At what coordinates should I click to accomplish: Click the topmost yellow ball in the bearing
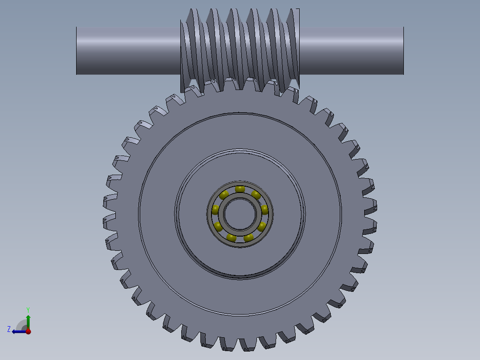pyautogui.click(x=240, y=189)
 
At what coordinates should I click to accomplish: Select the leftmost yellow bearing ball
pyautogui.click(x=216, y=210)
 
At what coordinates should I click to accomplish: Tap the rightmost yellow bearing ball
pyautogui.click(x=265, y=210)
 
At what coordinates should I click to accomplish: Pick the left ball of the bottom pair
pyautogui.click(x=232, y=237)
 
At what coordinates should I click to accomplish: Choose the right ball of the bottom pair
pyautogui.click(x=248, y=237)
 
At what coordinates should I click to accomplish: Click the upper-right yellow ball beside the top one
pyautogui.click(x=256, y=195)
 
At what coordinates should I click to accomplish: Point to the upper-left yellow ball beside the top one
pyautogui.click(x=224, y=195)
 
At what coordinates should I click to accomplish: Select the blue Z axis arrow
pyautogui.click(x=18, y=331)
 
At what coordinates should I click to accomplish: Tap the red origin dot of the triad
pyautogui.click(x=28, y=331)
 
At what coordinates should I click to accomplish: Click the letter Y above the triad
pyautogui.click(x=28, y=309)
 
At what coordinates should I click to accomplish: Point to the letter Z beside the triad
pyautogui.click(x=9, y=329)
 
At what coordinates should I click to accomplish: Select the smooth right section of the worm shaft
pyautogui.click(x=352, y=50)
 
